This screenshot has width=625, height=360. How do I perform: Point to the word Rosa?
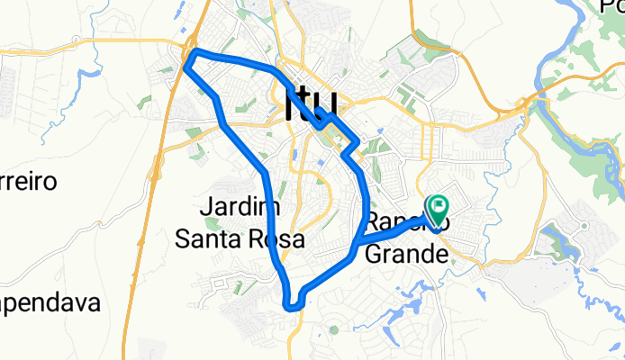[x=277, y=239]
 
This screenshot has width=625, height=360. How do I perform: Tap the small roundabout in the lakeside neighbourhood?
[x=584, y=225]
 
